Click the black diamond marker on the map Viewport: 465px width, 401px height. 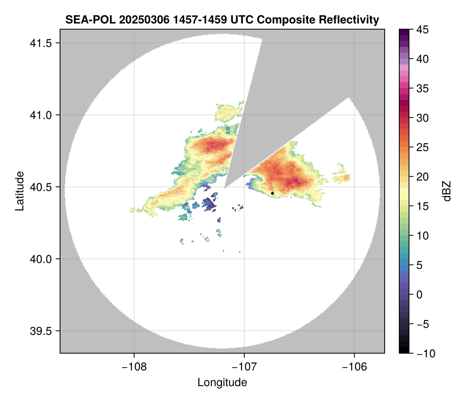(273, 193)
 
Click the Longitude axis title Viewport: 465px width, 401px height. (222, 382)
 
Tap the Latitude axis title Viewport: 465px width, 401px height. (19, 191)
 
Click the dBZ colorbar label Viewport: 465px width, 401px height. (447, 191)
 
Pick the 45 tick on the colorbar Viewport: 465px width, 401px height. (423, 30)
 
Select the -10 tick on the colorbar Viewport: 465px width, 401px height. (424, 354)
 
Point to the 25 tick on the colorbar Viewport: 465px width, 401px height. (423, 147)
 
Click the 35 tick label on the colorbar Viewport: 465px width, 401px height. (423, 88)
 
